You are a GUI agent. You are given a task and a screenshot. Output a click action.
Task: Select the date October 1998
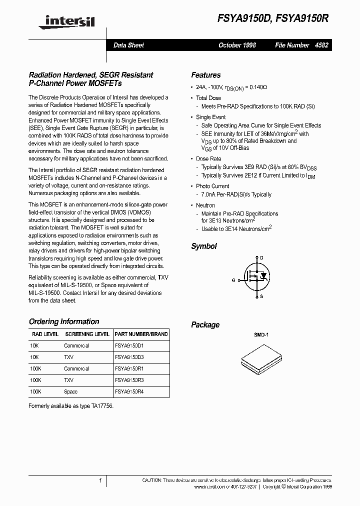pyautogui.click(x=237, y=45)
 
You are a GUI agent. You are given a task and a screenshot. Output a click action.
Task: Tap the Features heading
pyautogui.click(x=205, y=75)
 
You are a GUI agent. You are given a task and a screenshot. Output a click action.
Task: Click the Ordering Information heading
pyautogui.click(x=64, y=321)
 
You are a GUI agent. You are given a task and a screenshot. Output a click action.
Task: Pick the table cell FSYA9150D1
pyautogui.click(x=129, y=345)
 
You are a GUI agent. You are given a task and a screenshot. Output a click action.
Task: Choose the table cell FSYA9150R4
pyautogui.click(x=129, y=391)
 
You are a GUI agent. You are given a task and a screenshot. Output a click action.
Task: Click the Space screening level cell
pyautogui.click(x=71, y=391)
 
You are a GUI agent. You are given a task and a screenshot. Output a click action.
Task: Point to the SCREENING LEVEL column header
pyautogui.click(x=87, y=334)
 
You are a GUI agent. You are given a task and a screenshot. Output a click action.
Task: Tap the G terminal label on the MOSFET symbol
pyautogui.click(x=233, y=280)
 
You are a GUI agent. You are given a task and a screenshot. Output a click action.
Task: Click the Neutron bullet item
pyautogui.click(x=205, y=205)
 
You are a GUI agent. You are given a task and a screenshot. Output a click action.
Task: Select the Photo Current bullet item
pyautogui.click(x=212, y=186)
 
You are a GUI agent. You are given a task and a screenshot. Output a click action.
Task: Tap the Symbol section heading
pyautogui.click(x=204, y=246)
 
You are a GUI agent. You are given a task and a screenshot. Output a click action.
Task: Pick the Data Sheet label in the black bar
pyautogui.click(x=128, y=45)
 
